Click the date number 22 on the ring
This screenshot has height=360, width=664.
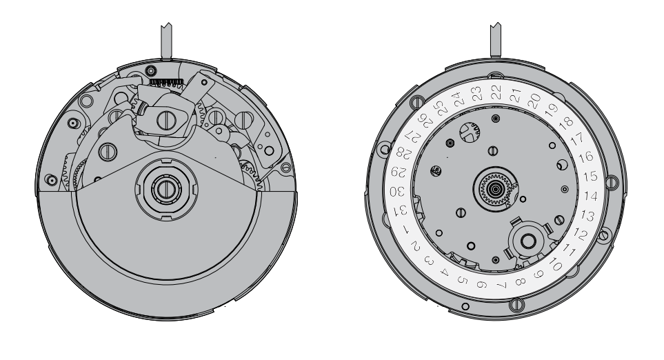(x=496, y=92)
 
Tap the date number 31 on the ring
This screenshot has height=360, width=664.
(x=401, y=210)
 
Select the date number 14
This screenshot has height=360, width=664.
(x=590, y=196)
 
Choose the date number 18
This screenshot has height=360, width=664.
(x=566, y=123)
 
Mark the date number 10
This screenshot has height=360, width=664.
(x=555, y=265)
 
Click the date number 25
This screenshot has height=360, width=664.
(x=441, y=109)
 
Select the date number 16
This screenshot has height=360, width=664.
(x=586, y=157)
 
